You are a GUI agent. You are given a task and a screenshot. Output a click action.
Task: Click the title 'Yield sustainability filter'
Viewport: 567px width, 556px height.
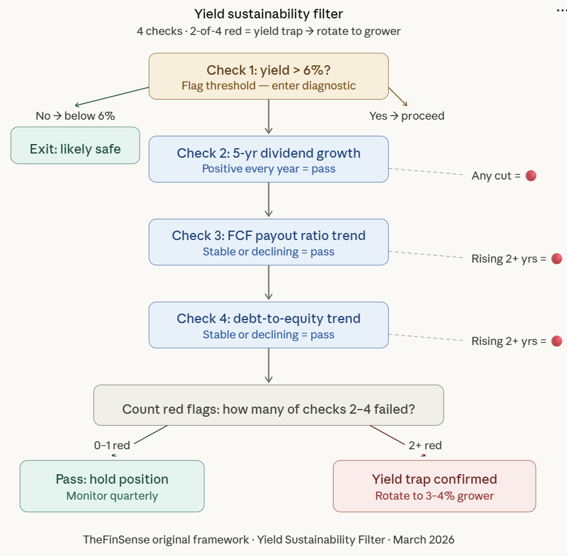point(268,14)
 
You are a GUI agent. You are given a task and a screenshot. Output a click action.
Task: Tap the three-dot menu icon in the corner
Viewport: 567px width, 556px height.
point(560,11)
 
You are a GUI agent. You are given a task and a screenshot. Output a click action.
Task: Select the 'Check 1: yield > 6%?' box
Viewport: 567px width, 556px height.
point(268,76)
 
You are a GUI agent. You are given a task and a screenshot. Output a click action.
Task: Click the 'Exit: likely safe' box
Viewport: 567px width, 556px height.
point(75,145)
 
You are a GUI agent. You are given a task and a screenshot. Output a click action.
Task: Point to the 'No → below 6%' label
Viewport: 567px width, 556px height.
point(75,116)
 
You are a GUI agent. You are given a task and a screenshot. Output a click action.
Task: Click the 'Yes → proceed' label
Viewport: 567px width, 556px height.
point(406,116)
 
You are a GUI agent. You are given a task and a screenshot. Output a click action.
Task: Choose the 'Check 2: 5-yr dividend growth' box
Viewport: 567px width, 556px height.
point(268,159)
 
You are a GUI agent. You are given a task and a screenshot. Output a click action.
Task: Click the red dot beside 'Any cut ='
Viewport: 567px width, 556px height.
point(531,176)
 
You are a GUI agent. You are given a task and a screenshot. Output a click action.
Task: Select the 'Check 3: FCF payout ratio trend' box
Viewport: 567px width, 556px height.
point(268,242)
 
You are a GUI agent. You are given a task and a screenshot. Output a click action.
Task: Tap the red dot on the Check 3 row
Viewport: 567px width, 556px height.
point(556,258)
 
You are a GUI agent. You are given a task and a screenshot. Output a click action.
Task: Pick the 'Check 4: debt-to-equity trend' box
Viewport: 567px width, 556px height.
point(268,325)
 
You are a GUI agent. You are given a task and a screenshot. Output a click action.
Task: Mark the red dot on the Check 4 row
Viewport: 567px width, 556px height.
point(556,341)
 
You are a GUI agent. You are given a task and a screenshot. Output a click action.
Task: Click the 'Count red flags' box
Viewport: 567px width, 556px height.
point(268,405)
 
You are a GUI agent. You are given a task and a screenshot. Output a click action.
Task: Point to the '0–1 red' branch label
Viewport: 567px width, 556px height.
point(112,445)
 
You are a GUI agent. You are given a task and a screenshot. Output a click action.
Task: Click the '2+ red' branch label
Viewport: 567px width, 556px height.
point(425,445)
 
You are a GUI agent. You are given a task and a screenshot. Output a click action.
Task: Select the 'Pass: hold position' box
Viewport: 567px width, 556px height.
point(112,486)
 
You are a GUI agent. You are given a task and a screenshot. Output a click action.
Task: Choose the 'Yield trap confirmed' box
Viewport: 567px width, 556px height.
point(434,486)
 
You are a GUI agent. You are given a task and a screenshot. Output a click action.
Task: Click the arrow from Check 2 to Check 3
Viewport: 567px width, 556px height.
point(268,200)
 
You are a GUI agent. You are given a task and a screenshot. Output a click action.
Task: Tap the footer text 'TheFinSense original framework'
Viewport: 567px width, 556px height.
point(166,539)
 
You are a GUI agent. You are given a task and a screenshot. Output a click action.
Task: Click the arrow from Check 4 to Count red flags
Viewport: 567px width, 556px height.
point(268,365)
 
